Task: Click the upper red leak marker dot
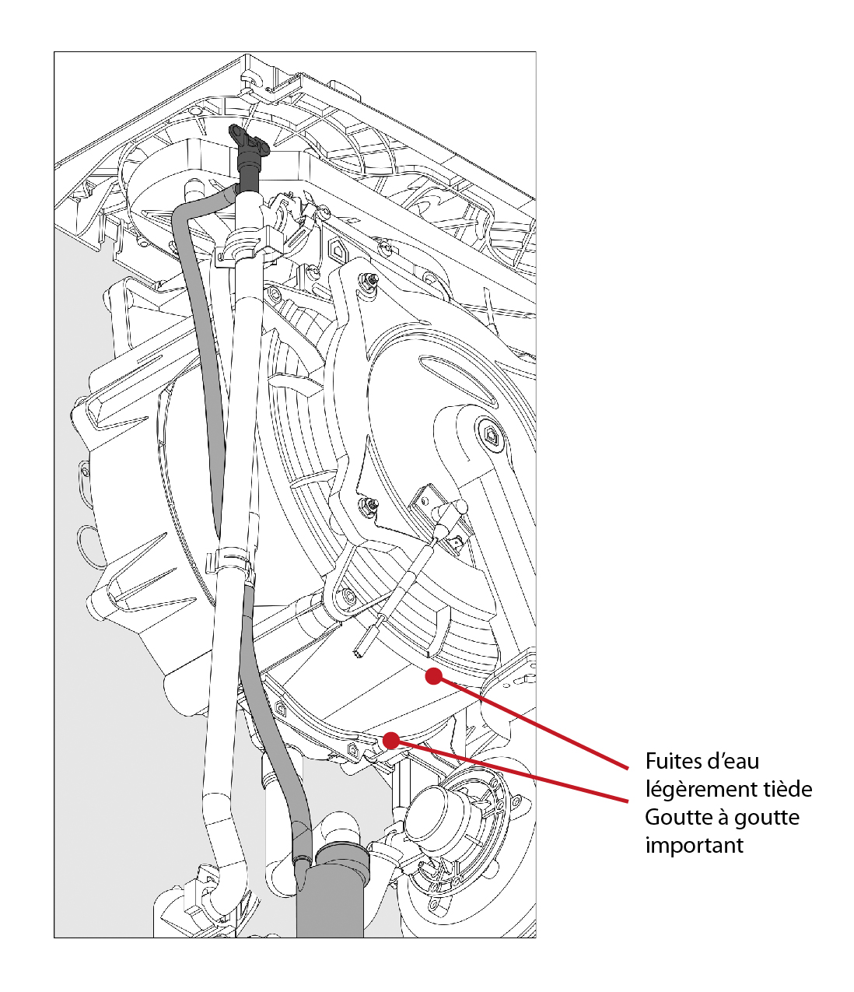pyautogui.click(x=433, y=675)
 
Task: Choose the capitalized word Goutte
pyautogui.click(x=674, y=818)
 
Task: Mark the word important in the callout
pyautogui.click(x=694, y=846)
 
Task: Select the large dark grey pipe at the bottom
pyautogui.click(x=330, y=903)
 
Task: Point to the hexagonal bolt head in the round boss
pyautogui.click(x=491, y=437)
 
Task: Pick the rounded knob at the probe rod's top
pyautogui.click(x=461, y=507)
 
